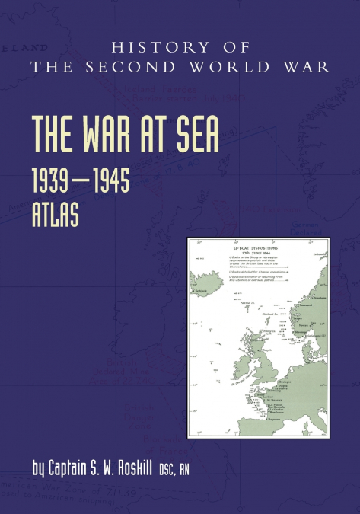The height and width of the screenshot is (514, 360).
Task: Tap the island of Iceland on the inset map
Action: pos(203,284)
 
